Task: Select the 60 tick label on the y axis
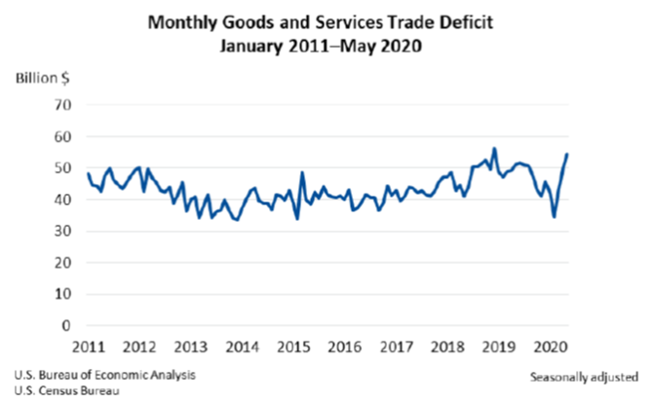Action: coord(65,137)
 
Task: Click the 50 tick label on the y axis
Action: coord(65,168)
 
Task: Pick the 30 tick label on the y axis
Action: coord(65,232)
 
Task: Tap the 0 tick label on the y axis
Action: coord(69,326)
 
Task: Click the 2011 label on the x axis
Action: coord(89,347)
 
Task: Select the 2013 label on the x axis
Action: coord(190,347)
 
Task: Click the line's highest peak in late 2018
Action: coord(494,149)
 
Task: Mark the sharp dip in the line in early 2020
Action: coord(555,216)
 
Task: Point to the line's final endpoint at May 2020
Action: coord(568,155)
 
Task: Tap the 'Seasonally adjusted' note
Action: coord(584,376)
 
